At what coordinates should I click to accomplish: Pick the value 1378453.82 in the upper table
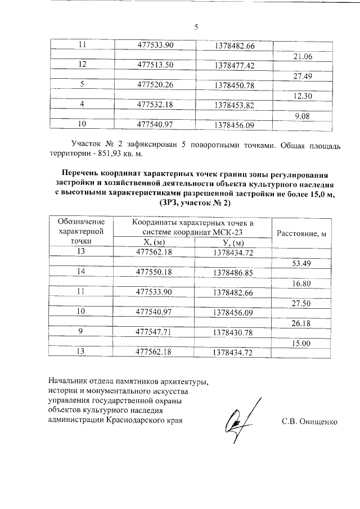click(x=235, y=105)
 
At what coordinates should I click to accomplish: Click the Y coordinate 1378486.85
click(x=234, y=273)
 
